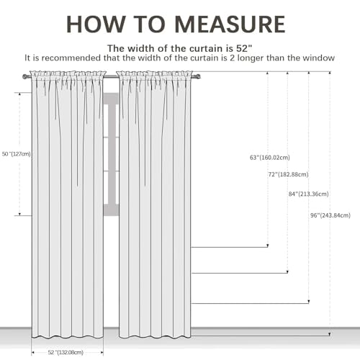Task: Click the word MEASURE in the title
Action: tap(230, 24)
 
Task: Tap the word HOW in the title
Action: tap(96, 24)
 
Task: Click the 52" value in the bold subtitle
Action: tap(244, 48)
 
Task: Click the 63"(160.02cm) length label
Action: tap(270, 158)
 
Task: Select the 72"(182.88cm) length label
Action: tap(288, 174)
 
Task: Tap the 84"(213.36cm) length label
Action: tap(309, 194)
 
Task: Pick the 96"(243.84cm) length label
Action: tap(330, 215)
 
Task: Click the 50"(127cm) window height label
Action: tap(17, 154)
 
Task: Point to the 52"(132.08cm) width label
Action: tap(66, 352)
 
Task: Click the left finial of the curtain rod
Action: tap(24, 77)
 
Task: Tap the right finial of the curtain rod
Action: tap(198, 77)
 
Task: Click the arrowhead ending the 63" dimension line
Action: tap(268, 246)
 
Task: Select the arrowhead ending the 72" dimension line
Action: tap(287, 271)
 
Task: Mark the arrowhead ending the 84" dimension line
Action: tap(309, 302)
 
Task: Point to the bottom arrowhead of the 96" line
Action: tap(330, 334)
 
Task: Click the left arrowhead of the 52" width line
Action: tap(33, 353)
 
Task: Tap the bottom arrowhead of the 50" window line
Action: tap(19, 214)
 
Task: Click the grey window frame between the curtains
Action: tap(111, 154)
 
